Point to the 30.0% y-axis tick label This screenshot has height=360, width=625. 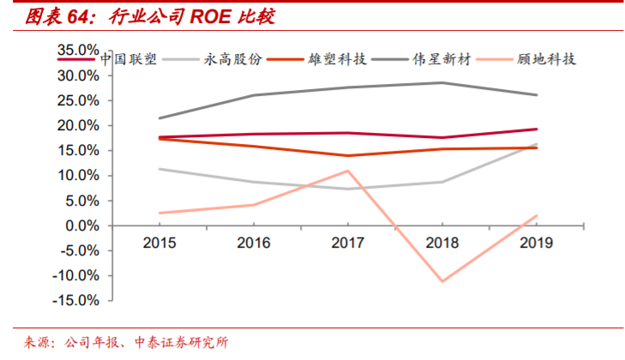[x=79, y=75]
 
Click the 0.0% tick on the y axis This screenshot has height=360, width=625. [x=82, y=225]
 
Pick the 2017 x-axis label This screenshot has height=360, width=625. [x=348, y=243]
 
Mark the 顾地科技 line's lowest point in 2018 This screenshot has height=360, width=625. [x=442, y=281]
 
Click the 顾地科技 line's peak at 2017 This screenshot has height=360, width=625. [x=348, y=171]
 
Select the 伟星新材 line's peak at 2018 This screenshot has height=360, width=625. [x=442, y=82]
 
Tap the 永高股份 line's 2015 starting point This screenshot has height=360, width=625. [x=159, y=169]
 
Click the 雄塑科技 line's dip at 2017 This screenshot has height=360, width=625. [x=348, y=155]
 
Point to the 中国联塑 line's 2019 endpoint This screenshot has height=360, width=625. [x=537, y=129]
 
